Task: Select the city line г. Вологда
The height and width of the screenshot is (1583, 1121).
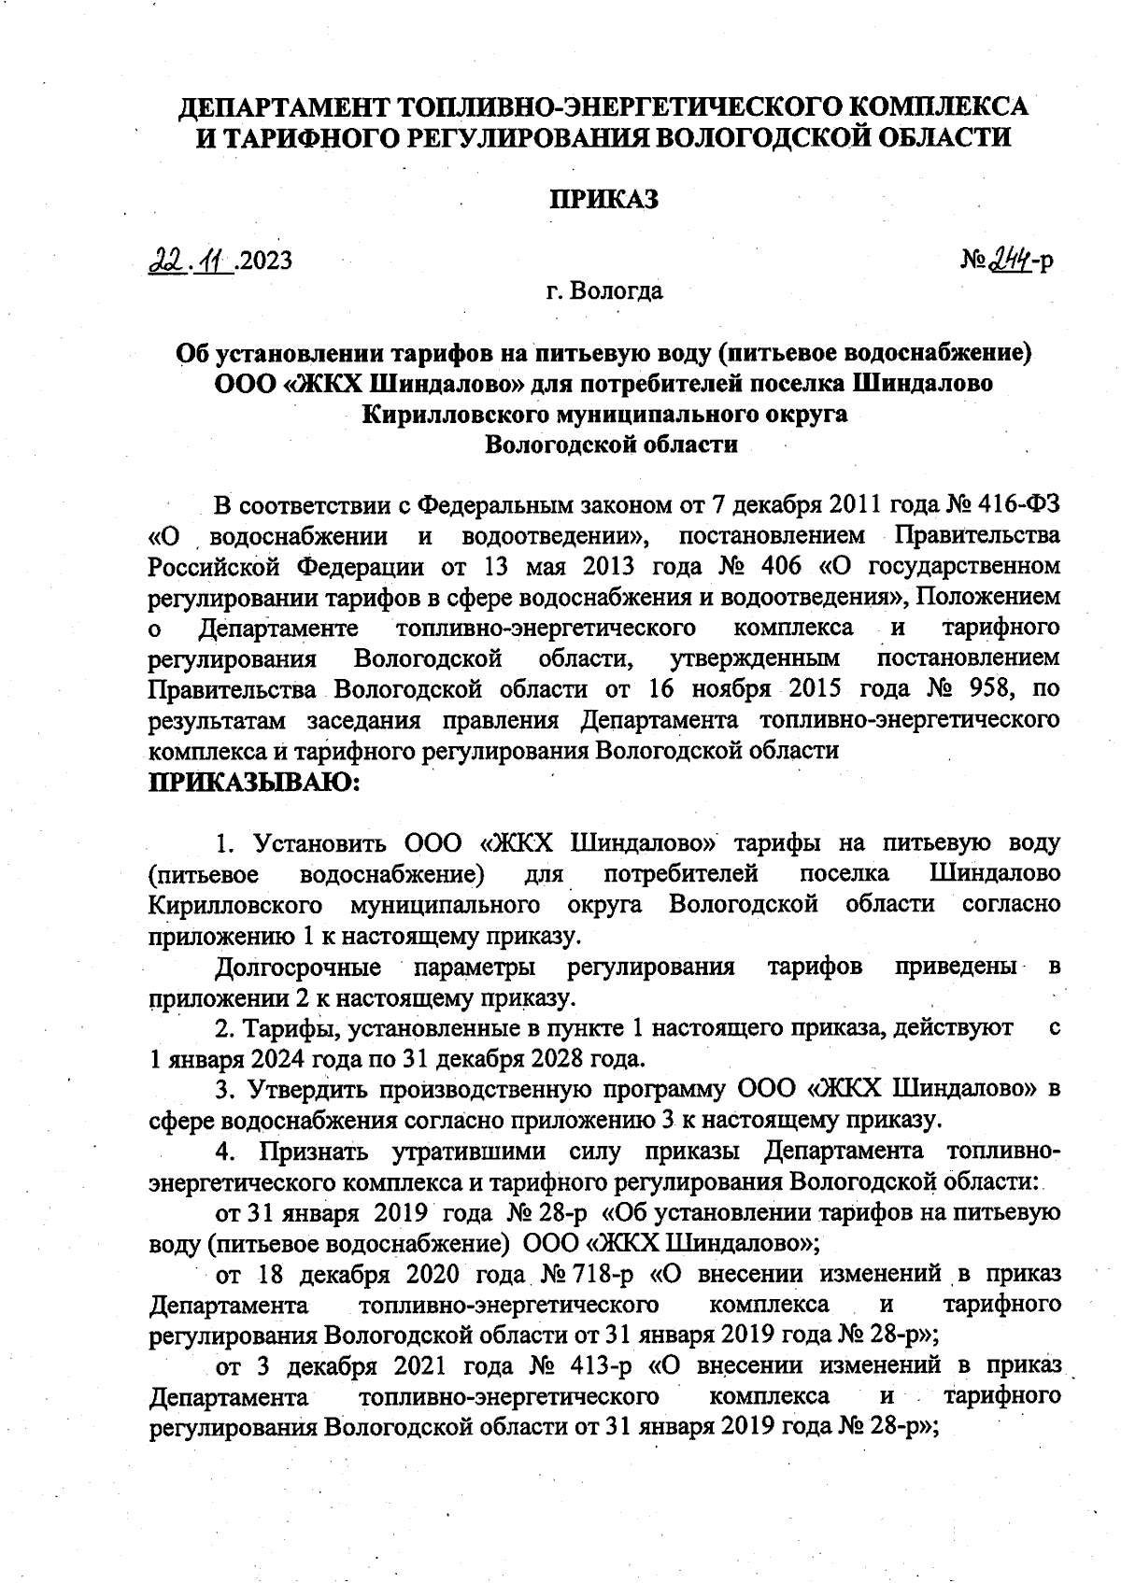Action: pyautogui.click(x=604, y=291)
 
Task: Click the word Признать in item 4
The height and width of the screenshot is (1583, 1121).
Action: pyautogui.click(x=315, y=1150)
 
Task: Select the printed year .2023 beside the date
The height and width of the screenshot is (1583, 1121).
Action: pyautogui.click(x=264, y=259)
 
